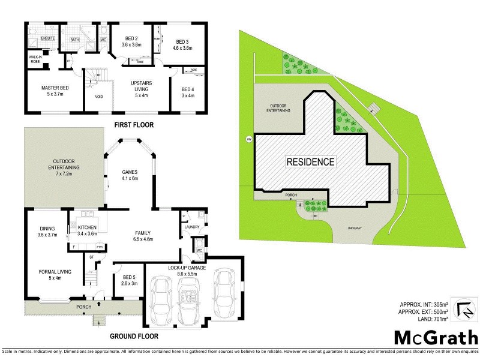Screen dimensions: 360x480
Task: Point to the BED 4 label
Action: pos(188,94)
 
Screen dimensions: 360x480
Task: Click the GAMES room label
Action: pos(130,175)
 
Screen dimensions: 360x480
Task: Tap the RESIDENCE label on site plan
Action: pos(310,161)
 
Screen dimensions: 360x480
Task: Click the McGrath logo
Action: pos(435,336)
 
